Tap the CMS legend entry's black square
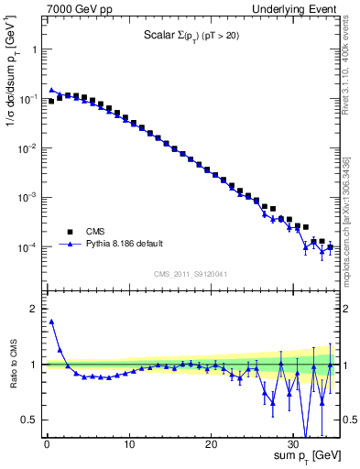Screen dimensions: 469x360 tap(69, 232)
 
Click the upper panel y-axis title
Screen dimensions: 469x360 tap(12, 83)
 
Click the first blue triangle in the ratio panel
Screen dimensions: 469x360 tap(51, 322)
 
